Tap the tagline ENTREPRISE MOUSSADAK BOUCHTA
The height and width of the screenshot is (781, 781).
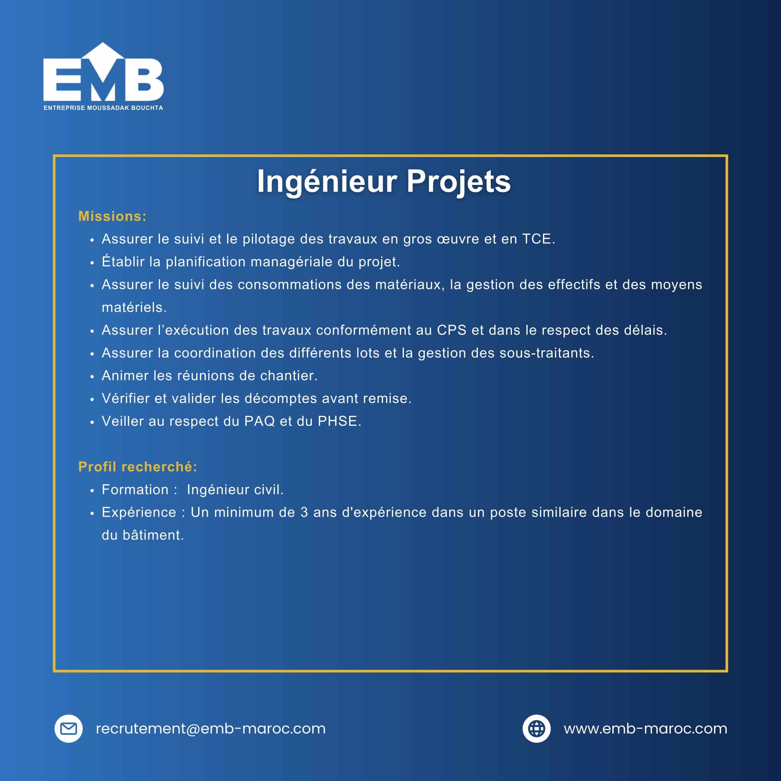(x=103, y=108)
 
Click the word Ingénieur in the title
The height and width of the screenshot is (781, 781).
(x=327, y=182)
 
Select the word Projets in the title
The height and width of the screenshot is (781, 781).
(x=458, y=182)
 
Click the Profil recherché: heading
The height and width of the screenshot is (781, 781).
(x=138, y=467)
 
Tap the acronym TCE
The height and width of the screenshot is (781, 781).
(x=536, y=239)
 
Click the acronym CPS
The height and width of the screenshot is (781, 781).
(x=451, y=330)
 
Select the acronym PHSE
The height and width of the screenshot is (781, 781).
(x=337, y=421)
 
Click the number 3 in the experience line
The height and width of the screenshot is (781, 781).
(x=304, y=512)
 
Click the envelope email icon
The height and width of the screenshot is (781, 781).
(x=69, y=729)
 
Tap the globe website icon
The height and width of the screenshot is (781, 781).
(x=536, y=729)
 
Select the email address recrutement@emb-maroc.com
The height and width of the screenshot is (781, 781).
(x=211, y=729)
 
